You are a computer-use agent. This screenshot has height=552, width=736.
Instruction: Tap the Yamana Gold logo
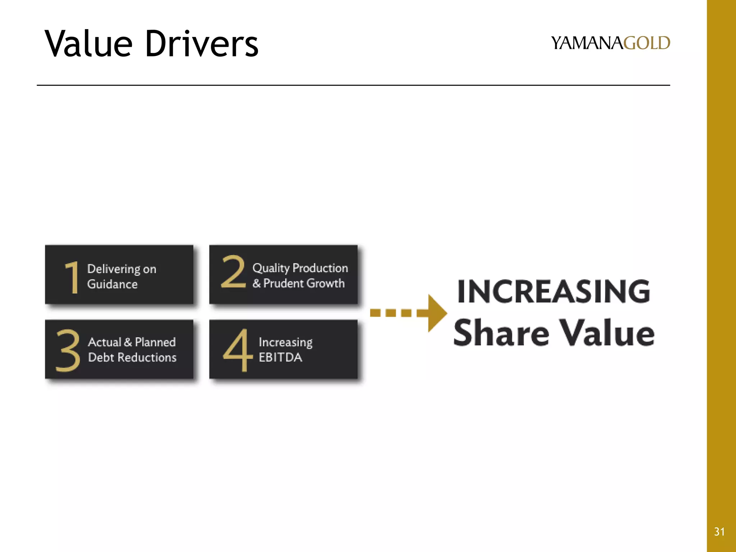point(610,43)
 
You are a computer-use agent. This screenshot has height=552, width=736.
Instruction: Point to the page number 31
point(719,532)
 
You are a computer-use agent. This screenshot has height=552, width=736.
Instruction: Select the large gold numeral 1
point(72,277)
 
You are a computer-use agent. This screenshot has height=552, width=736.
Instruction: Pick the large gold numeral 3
point(68,350)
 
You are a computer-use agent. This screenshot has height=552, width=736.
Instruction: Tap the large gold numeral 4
point(236,350)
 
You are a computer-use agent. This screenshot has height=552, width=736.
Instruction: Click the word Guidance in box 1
point(112,284)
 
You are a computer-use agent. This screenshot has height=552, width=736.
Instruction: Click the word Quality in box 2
point(271,268)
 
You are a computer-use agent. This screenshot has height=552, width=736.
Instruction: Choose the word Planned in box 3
point(155,342)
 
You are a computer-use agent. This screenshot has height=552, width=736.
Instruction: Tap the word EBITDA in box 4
point(280,358)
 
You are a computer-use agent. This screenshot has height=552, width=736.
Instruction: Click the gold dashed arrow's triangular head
point(436,313)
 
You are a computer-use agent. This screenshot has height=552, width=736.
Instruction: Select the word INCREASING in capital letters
point(553,291)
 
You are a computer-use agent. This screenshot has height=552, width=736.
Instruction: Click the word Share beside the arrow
point(501,333)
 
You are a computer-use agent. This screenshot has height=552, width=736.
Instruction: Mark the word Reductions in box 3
point(147,358)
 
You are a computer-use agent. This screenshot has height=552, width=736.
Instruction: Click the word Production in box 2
point(320,268)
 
